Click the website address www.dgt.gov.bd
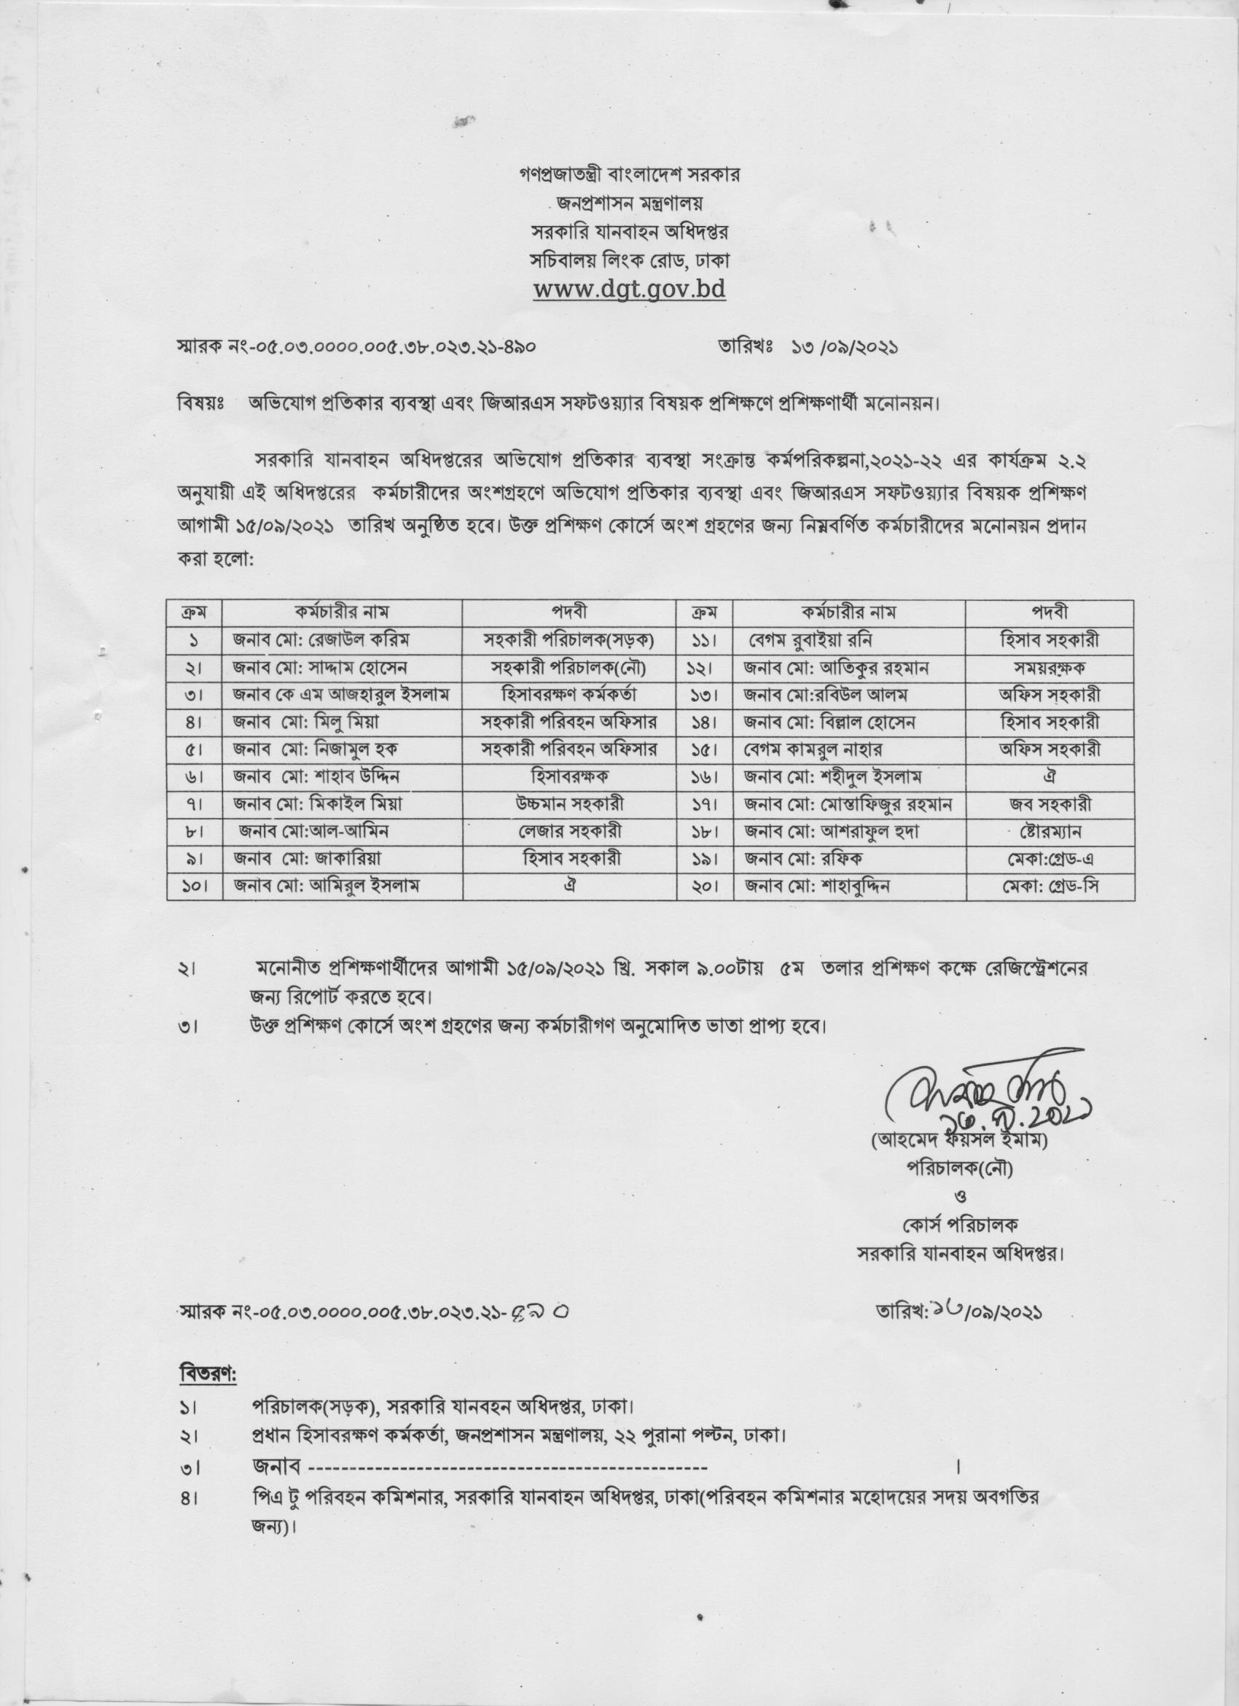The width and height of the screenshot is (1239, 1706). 628,289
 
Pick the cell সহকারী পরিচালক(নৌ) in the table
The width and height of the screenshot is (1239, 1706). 568,668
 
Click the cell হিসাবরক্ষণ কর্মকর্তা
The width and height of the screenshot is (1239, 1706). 568,695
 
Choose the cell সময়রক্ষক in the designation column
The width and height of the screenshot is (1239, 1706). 1050,668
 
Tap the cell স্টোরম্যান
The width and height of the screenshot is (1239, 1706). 1050,832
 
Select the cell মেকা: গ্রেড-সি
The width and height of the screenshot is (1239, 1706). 1050,887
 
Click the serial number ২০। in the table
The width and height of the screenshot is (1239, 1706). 705,887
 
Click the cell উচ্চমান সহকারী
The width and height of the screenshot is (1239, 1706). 568,804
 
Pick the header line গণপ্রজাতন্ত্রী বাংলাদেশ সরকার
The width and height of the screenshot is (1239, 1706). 628,174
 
